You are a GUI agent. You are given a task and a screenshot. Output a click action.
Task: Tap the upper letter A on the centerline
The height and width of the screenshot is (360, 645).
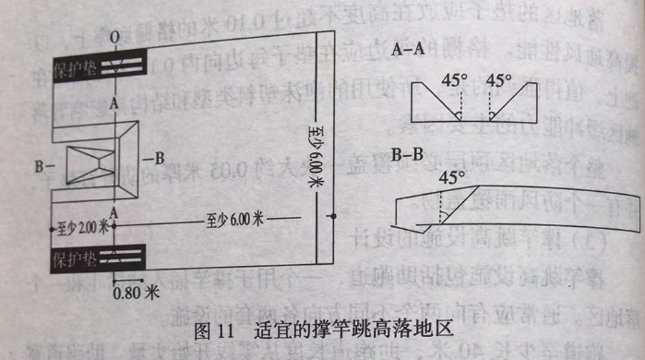pos(113,105)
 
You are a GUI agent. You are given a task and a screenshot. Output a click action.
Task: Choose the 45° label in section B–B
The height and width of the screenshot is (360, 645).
pos(451,176)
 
